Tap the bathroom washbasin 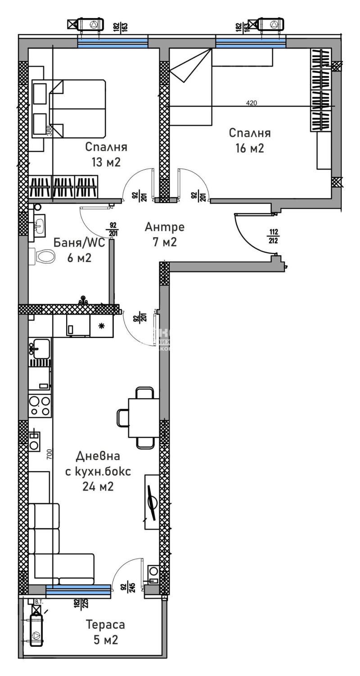tap(38, 223)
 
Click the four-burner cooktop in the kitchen tap(40, 406)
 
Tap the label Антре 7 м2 tap(164, 234)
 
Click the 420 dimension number tap(252, 103)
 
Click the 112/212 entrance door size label tap(274, 236)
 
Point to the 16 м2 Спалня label tap(249, 140)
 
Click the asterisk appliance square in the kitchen tap(102, 326)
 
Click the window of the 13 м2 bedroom tap(112, 43)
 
